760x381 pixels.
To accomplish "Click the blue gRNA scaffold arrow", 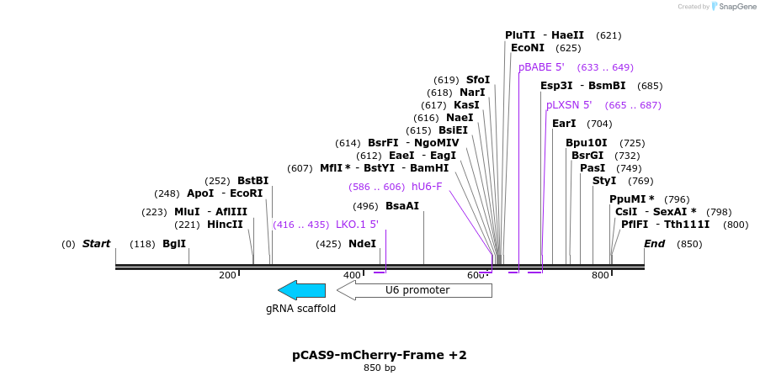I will pos(301,290).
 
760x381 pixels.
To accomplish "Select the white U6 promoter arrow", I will pos(414,290).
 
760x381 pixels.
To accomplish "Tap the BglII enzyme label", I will pos(174,244).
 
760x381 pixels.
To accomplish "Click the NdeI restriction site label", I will pos(362,244).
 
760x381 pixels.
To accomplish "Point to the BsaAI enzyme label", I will pos(402,206).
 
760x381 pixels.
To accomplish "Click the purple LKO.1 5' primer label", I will pos(357,225).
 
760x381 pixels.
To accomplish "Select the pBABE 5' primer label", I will pos(541,67).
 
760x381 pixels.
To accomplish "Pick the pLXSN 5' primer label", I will pos(569,105).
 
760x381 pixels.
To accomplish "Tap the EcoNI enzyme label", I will pos(528,48).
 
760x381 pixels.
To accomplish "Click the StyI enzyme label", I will pos(604,181).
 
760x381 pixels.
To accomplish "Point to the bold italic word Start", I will pos(96,244).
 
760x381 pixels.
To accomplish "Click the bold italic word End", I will pos(655,244).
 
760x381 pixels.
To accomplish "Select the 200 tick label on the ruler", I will pos(227,276).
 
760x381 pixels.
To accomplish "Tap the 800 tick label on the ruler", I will pos(600,276).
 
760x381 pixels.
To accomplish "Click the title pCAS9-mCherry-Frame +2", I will pos(380,355).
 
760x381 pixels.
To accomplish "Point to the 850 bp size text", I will pos(380,368).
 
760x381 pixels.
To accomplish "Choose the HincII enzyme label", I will pos(225,225).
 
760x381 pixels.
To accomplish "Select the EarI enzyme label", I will pos(564,124).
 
